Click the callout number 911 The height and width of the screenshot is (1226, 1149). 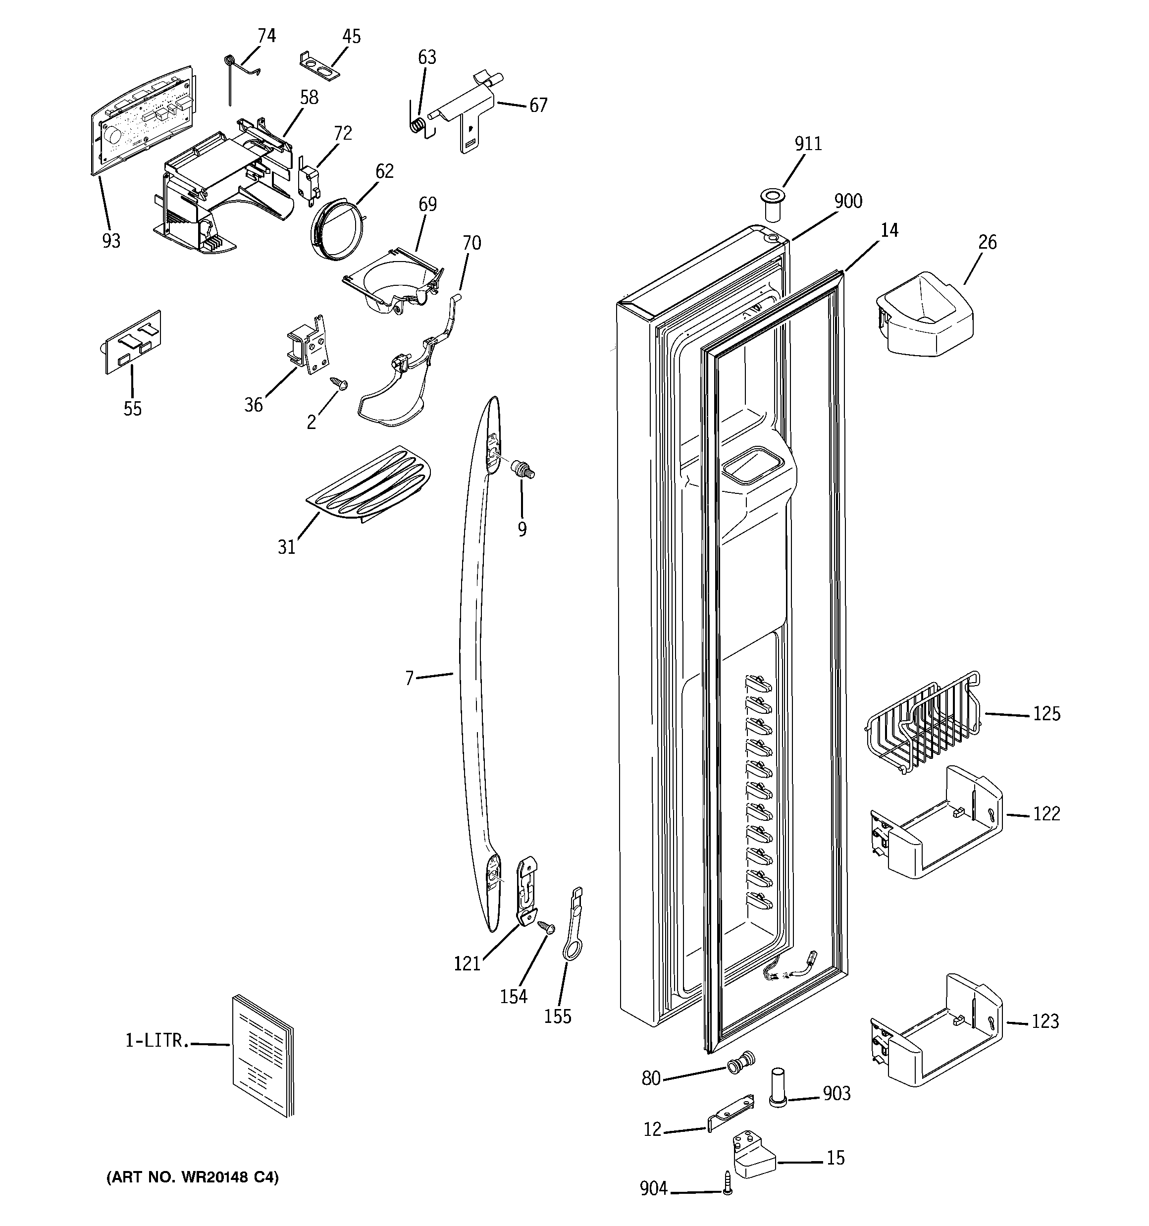pyautogui.click(x=807, y=144)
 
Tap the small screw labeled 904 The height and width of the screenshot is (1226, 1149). pyautogui.click(x=728, y=1191)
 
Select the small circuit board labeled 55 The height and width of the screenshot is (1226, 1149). pyautogui.click(x=131, y=342)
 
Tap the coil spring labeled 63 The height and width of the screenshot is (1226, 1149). pyautogui.click(x=418, y=124)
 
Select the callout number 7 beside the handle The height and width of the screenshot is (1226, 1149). pyautogui.click(x=409, y=678)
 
